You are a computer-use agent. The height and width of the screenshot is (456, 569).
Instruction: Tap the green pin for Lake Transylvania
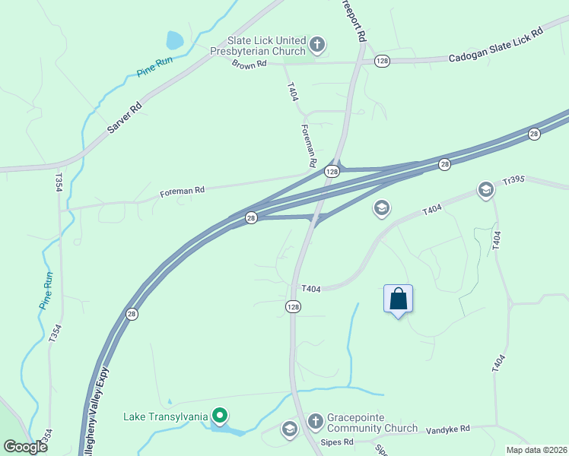click(x=220, y=416)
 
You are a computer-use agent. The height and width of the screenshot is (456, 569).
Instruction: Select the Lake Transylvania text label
click(x=167, y=416)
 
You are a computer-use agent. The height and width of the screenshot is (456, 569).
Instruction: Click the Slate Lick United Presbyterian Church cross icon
click(x=317, y=46)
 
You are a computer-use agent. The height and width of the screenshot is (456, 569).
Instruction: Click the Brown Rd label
click(x=250, y=65)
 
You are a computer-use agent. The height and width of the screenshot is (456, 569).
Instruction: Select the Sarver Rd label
click(x=124, y=118)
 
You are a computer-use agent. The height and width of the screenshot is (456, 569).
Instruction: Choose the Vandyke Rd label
click(x=448, y=429)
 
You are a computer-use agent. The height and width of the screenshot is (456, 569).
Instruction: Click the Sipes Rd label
click(x=338, y=442)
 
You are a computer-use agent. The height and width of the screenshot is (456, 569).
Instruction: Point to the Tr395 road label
click(x=515, y=182)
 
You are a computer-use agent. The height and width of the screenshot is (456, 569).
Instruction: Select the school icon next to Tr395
click(x=485, y=189)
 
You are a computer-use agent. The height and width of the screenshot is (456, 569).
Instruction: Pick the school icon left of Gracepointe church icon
click(x=289, y=430)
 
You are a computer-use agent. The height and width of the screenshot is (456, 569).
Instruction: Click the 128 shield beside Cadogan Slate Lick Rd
click(x=382, y=61)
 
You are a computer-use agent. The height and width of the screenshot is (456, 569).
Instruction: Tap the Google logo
click(x=26, y=447)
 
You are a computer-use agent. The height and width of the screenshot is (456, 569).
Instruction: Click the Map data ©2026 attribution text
click(x=536, y=450)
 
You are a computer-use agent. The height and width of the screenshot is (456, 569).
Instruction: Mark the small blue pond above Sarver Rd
click(x=175, y=40)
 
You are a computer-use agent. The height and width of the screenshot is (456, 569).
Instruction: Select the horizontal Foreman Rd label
click(x=183, y=192)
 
